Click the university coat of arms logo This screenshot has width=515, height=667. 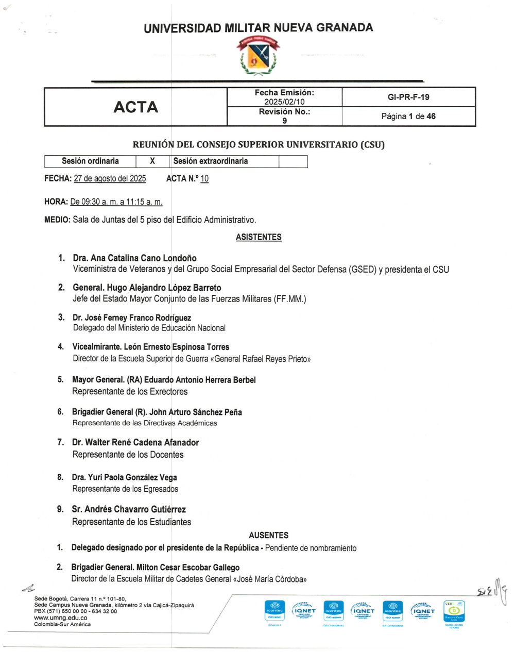(258, 57)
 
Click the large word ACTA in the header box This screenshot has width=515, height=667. (135, 107)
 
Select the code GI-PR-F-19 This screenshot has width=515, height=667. (408, 97)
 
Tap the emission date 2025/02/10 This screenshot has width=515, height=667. (284, 102)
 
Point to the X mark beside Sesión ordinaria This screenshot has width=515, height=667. (152, 161)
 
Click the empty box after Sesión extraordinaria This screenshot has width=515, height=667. (293, 161)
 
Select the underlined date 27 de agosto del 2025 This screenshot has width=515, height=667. (110, 179)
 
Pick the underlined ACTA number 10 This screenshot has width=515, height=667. (204, 179)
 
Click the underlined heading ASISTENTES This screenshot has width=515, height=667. (259, 237)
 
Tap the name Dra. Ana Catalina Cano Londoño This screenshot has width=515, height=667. (134, 258)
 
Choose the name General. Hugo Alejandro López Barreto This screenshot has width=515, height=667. (147, 288)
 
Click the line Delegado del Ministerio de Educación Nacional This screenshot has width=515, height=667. (149, 328)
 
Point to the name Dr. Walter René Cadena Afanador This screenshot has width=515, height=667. (135, 442)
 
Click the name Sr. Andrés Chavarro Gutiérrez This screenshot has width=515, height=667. (129, 509)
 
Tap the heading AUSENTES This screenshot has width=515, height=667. (268, 535)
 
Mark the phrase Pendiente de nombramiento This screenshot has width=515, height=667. (311, 548)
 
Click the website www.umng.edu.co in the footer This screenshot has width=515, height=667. (60, 618)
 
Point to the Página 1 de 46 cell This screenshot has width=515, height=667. (408, 116)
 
